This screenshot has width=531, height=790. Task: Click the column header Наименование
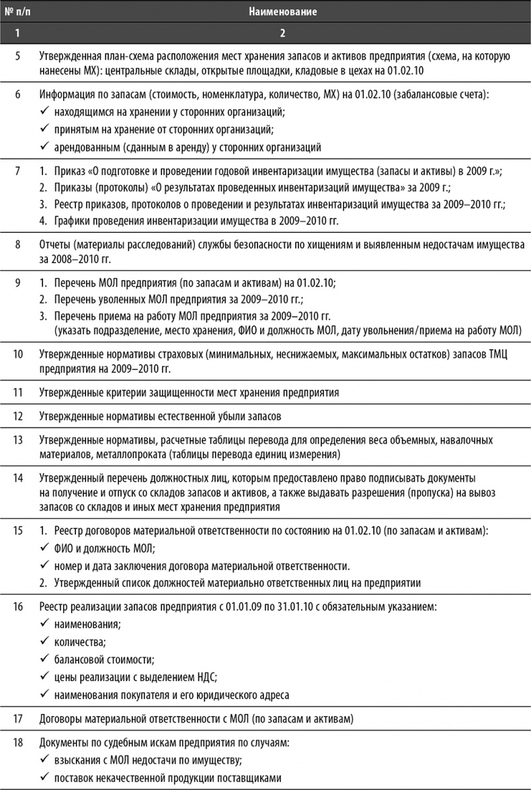click(x=282, y=11)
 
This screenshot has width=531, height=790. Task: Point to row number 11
click(x=18, y=392)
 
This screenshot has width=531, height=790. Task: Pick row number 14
click(x=18, y=478)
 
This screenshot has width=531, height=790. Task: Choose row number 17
click(x=18, y=719)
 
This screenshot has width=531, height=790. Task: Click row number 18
click(x=18, y=744)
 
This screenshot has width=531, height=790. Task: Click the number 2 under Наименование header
click(x=282, y=32)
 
